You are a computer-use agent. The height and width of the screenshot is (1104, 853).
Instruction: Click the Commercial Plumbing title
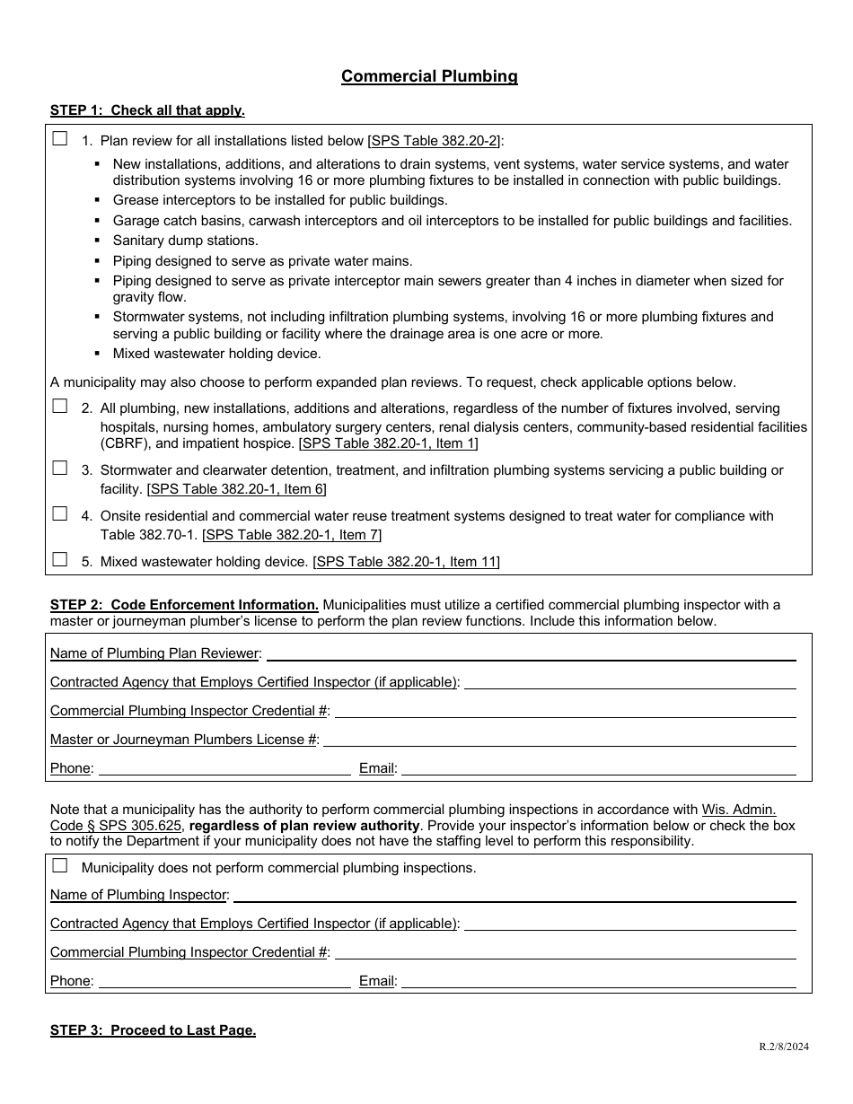point(429,76)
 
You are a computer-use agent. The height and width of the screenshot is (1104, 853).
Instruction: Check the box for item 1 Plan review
point(60,139)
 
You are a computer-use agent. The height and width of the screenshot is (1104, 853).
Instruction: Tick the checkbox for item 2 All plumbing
point(60,406)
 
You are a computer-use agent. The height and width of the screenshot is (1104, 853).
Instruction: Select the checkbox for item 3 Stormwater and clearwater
point(60,468)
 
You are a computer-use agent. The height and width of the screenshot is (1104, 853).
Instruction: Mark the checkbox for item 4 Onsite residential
point(60,513)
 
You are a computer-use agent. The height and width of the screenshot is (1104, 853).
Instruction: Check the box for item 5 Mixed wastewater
point(60,559)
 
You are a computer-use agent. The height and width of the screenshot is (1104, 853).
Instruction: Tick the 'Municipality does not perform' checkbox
point(60,866)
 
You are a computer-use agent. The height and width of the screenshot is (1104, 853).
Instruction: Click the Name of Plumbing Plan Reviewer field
point(531,653)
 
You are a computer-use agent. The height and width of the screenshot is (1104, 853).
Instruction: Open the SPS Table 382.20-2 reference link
point(435,140)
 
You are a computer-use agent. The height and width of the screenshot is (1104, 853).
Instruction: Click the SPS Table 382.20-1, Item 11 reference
point(406,562)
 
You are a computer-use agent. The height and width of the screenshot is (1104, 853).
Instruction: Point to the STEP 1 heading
point(147,110)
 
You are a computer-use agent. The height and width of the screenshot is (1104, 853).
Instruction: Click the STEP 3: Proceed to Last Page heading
point(153,1030)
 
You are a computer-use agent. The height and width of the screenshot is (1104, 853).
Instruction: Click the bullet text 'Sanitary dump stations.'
point(185,241)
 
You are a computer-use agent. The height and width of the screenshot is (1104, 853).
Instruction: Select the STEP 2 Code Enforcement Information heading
point(184,605)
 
